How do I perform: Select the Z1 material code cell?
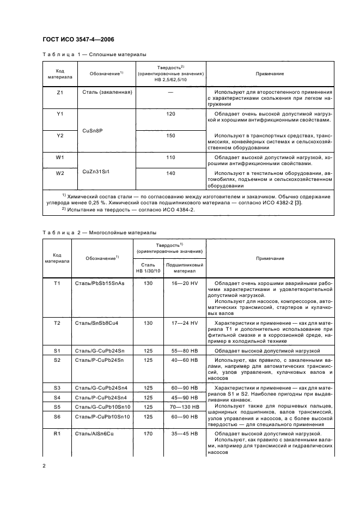tap(60, 93)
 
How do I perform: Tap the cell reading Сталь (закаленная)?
tap(107, 93)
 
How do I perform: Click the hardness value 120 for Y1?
tap(170, 115)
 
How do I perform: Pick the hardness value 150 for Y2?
tap(170, 136)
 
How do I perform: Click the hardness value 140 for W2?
tap(170, 173)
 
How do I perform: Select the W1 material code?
tap(60, 157)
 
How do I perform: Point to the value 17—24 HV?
tap(187, 323)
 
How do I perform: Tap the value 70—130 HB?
tap(187, 406)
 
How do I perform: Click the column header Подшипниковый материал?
tap(187, 268)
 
